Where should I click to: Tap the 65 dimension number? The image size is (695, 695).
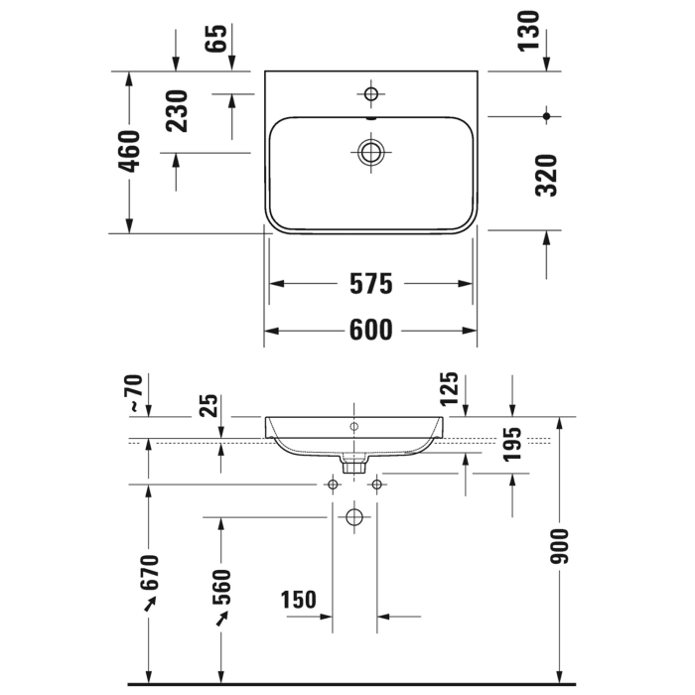217,39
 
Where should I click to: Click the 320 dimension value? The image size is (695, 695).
545,175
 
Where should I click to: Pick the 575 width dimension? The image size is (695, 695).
370,284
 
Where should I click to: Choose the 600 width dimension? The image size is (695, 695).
370,330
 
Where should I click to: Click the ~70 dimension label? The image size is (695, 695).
134,392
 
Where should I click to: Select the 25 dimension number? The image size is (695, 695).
209,405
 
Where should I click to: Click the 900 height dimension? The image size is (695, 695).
559,545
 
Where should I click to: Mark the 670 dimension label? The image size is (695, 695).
149,577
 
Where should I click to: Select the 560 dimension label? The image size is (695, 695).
220,587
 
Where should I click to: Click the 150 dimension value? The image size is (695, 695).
298,600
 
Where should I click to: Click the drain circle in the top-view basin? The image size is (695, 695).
372,152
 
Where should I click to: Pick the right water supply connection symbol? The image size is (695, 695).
376,485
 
